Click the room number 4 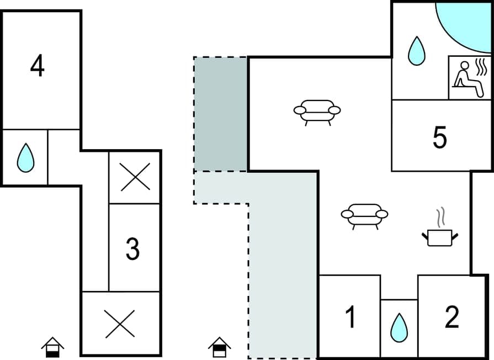[x=38, y=67]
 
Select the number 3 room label [x=132, y=250]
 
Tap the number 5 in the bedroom [x=439, y=137]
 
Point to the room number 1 [x=350, y=317]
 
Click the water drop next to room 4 [x=25, y=157]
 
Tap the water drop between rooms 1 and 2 [x=399, y=328]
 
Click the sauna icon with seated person [x=468, y=78]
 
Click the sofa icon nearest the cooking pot [x=364, y=216]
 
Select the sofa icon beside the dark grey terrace [x=317, y=112]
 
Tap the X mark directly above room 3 [x=135, y=177]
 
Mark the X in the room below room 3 [x=120, y=324]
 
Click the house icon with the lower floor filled [x=52, y=348]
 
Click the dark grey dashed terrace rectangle [x=221, y=114]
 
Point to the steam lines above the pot [x=440, y=218]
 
